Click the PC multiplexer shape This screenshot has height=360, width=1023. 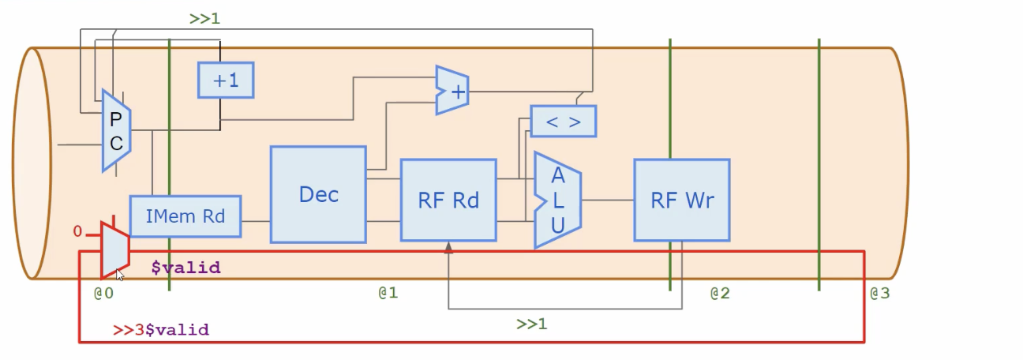coord(115,130)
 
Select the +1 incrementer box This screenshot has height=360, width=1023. coord(225,80)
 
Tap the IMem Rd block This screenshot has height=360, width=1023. coord(185,216)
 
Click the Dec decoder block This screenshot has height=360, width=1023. coord(318,194)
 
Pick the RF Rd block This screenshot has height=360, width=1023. coord(448,200)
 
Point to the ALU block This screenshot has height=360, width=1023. coord(557,201)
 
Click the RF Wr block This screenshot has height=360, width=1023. coord(681,200)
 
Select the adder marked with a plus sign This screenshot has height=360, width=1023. coord(452,91)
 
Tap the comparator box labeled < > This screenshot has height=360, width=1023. coord(563,122)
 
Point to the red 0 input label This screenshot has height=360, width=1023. coord(77,231)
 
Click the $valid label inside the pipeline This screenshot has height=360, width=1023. coord(186,268)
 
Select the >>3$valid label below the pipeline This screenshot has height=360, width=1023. coord(161,330)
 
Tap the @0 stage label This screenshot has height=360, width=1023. coord(104,294)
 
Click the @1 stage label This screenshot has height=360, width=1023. coord(388,293)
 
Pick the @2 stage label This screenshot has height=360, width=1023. coord(719,294)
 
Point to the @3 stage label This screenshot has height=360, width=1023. coord(879,294)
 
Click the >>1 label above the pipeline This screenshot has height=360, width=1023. coord(204,18)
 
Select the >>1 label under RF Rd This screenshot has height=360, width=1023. coord(532,324)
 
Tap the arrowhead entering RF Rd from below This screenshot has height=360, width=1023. coord(448,247)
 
